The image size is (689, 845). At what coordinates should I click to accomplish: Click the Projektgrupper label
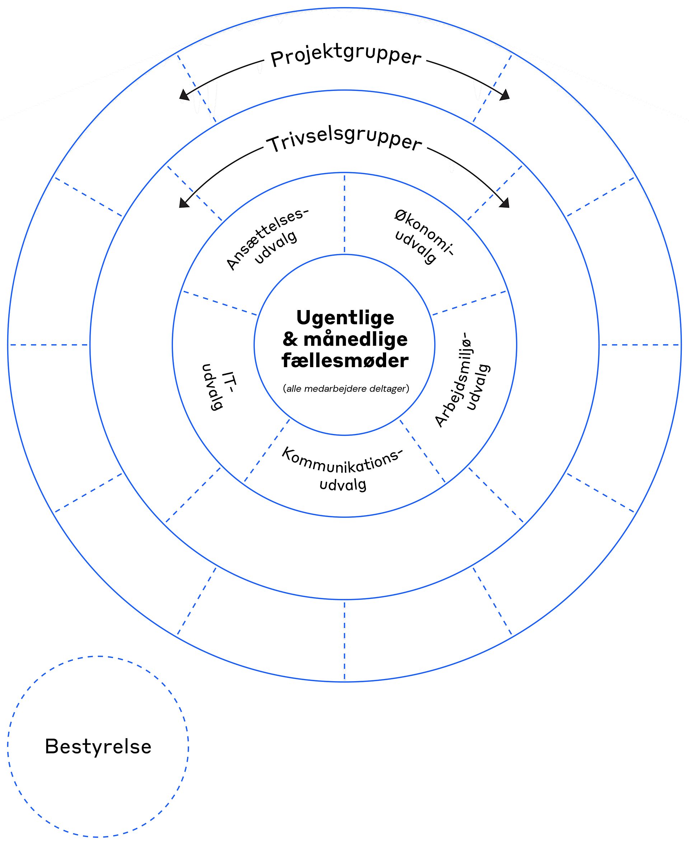pos(345,58)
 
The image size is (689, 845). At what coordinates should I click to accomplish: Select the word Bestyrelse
pos(98,747)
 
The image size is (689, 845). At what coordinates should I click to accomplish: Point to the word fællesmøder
pos(345,360)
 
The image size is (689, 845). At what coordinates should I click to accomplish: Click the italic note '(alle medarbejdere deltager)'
pos(346,388)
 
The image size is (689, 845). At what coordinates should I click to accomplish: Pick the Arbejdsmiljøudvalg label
pos(462,379)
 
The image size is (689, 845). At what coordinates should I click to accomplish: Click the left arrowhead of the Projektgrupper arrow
pos(184,94)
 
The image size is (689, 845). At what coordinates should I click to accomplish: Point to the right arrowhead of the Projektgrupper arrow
pos(505,95)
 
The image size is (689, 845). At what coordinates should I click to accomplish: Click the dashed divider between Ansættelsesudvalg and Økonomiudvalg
pos(344,213)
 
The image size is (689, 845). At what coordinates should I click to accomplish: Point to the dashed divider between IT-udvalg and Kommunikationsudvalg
pos(267,451)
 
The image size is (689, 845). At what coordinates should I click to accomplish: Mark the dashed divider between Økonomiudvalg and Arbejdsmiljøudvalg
pos(469,303)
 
